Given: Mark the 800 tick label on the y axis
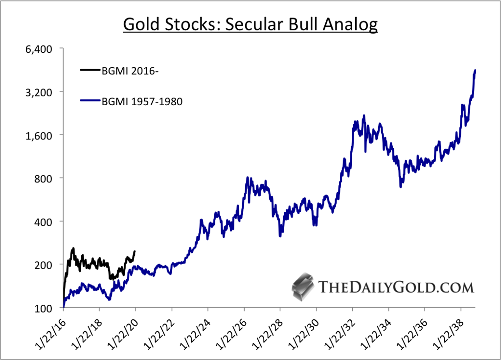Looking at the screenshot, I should [45, 178].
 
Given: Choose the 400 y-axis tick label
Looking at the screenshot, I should [45, 221].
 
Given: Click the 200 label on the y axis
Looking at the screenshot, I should [45, 264].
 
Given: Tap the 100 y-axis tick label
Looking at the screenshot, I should [45, 308].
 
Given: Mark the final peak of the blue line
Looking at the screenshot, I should [475, 71].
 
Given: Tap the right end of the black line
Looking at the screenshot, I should [135, 252].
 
